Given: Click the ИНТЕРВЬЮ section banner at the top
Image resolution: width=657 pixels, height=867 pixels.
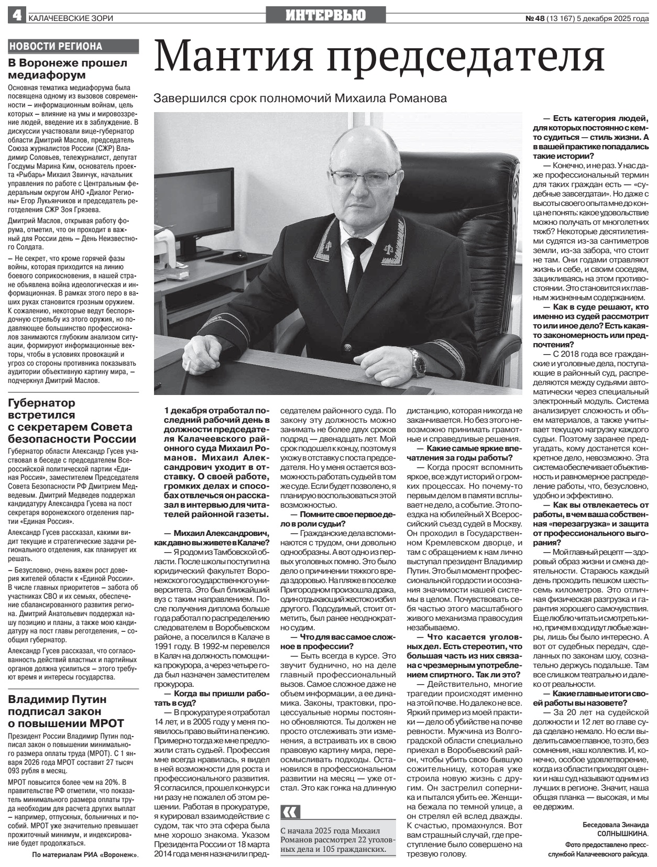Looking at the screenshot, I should point(325,16).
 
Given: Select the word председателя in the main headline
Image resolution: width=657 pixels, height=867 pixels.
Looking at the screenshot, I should point(466,57).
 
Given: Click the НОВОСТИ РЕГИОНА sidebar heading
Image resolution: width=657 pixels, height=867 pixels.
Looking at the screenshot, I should point(56,47).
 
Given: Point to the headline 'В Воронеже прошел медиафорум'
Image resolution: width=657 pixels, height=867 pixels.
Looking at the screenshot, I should point(68,69).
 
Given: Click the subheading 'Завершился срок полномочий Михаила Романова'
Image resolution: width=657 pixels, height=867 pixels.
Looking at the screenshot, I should point(300,98).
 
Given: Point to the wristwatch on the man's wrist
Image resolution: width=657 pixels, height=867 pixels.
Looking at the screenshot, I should point(418,363).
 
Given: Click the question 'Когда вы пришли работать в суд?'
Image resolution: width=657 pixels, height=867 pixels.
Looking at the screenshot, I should point(212,698).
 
